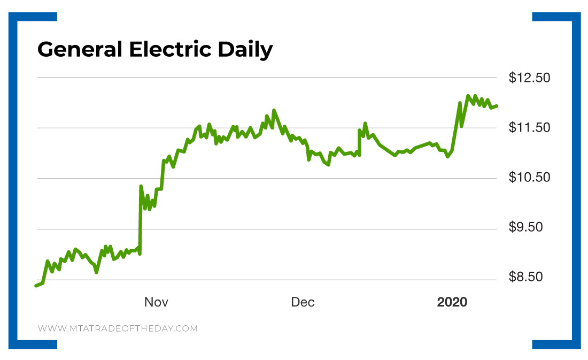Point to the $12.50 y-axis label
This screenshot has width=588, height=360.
click(529, 78)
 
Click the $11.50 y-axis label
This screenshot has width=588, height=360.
click(529, 128)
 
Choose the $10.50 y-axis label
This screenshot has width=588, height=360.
click(529, 178)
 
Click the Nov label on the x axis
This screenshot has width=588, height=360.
click(156, 303)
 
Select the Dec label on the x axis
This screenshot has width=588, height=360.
click(303, 303)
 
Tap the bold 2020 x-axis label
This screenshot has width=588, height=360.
click(452, 303)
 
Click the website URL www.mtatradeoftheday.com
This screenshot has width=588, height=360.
click(118, 328)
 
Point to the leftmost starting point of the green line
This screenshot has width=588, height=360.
click(36, 286)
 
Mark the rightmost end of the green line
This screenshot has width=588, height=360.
click(497, 106)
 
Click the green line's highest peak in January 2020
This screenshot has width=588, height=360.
click(468, 96)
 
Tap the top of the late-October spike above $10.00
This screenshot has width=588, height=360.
click(141, 186)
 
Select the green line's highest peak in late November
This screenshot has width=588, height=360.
click(274, 110)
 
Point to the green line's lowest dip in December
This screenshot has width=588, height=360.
click(328, 165)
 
